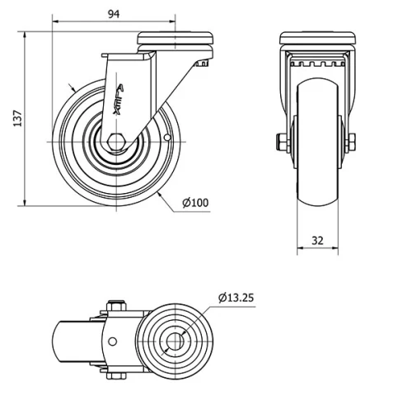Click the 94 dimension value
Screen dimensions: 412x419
click(x=114, y=14)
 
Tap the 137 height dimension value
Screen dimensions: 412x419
click(x=17, y=119)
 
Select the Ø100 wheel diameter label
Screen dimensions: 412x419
click(x=195, y=203)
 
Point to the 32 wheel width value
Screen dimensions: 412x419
click(x=317, y=241)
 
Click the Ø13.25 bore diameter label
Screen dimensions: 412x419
click(x=236, y=298)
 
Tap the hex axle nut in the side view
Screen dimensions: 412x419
click(x=117, y=142)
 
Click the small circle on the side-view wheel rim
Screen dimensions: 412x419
click(x=166, y=137)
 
